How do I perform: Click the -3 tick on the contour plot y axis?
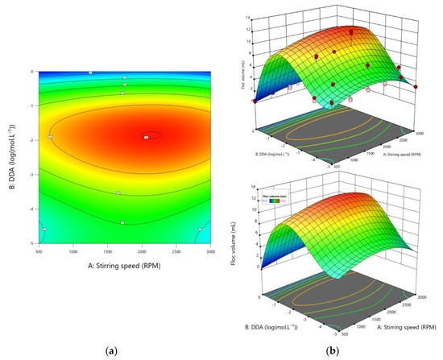coord(32,174)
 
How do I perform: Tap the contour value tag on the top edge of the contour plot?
coord(91,72)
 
